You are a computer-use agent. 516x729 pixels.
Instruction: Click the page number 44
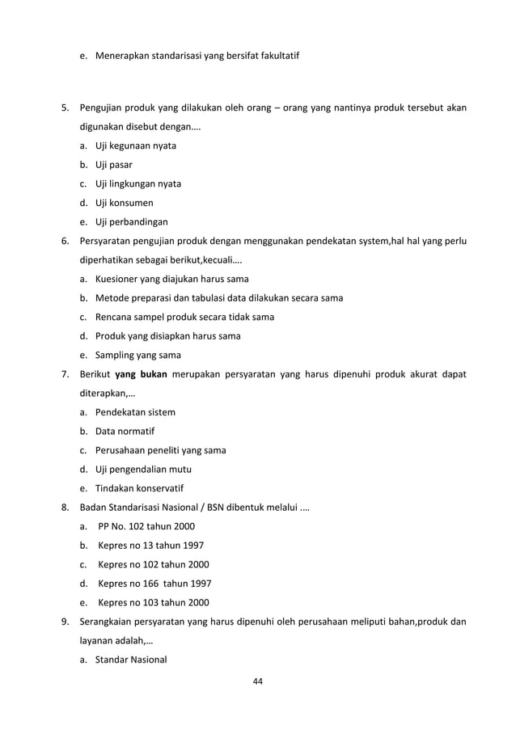258,682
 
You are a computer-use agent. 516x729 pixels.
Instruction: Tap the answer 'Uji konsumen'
124,203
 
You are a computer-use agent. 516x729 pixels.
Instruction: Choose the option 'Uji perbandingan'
132,222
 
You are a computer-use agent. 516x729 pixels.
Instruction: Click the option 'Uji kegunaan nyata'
135,146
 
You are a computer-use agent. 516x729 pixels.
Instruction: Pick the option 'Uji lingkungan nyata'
137,184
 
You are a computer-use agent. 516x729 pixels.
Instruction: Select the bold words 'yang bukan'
141,374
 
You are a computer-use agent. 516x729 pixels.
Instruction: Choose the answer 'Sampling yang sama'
137,356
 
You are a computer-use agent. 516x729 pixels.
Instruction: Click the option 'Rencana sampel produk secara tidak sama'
184,318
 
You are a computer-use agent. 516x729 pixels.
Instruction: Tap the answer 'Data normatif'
125,432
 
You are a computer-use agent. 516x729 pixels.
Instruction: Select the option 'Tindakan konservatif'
139,488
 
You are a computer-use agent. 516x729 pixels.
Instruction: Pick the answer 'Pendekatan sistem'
135,412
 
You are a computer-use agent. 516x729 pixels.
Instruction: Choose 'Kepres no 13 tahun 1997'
150,546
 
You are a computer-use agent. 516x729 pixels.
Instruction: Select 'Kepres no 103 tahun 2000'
153,602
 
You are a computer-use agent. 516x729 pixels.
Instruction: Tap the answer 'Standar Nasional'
131,659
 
